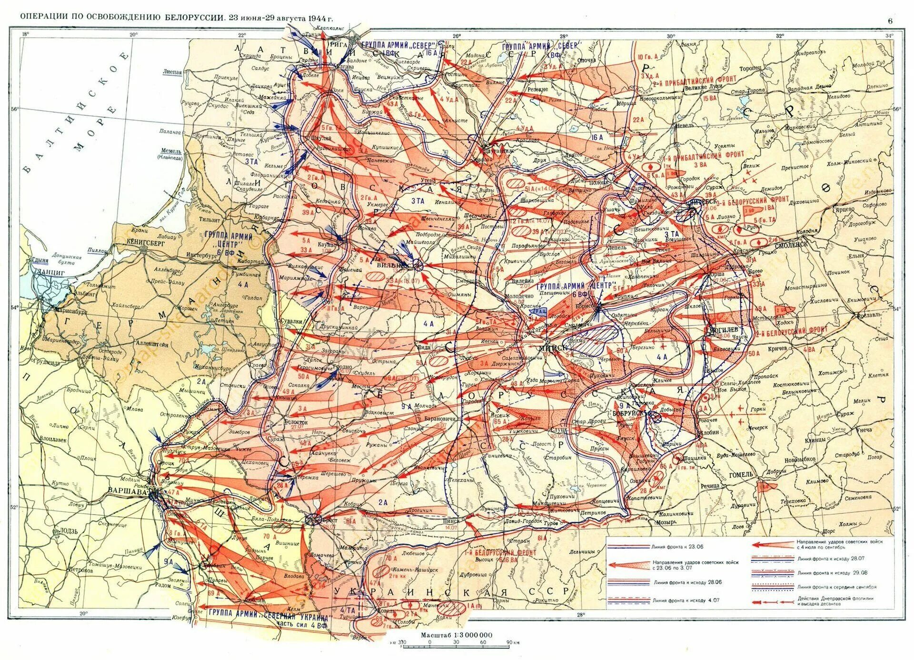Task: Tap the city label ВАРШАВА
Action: pos(125,490)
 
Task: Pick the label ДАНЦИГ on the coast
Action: pos(48,272)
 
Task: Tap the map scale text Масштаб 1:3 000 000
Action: pos(456,635)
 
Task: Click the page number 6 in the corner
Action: pos(890,20)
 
